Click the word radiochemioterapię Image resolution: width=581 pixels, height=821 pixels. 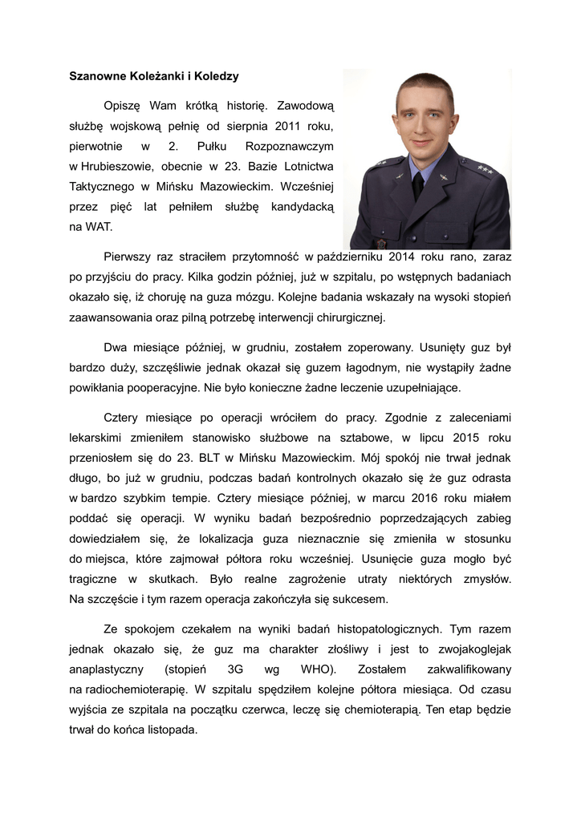click(x=136, y=689)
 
